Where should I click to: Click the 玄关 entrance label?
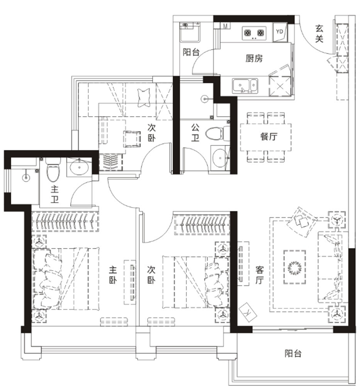pos(319,34)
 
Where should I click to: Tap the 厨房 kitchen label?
pos(254,59)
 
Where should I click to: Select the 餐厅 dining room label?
pos(269,137)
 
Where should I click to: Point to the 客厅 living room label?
pos(260,275)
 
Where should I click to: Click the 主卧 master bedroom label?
pos(113,275)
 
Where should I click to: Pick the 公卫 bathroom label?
pos(195,133)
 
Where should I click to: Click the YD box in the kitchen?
pos(279,32)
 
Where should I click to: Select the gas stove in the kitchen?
pos(254,33)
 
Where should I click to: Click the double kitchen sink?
pos(245,86)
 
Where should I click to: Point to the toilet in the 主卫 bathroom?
pos(53,169)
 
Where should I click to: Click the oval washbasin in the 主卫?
pos(79,167)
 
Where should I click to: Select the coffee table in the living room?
pos(295,267)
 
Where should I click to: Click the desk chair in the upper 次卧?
pos(132,139)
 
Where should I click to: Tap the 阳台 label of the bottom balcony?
pos(293,353)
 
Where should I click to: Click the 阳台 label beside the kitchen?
pos(191,52)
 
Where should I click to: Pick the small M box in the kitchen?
pos(225,26)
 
